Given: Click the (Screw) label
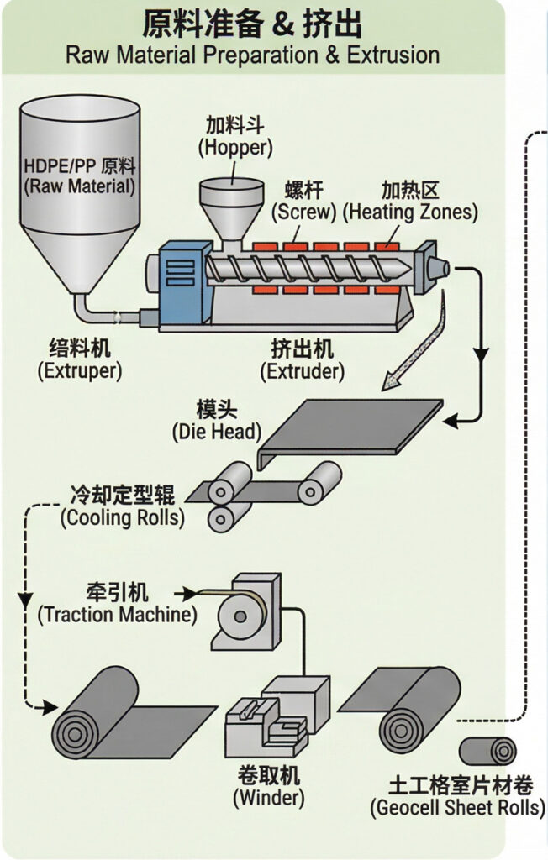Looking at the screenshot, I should coord(303,212).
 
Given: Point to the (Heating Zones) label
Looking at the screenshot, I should coord(409,212).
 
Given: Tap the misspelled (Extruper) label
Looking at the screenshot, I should coord(79,370).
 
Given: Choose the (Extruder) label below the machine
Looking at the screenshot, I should coord(302,370).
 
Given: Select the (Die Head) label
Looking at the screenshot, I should coord(216,433).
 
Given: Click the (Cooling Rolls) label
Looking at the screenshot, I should coord(122,517).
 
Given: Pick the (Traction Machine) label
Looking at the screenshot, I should coord(117,614).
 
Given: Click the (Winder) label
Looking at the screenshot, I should coord(268,795).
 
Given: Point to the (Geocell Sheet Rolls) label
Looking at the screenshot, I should coord(457,808).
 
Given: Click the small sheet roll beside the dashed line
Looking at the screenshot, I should coord(487,750).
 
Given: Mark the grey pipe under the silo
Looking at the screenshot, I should coord(101,312).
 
